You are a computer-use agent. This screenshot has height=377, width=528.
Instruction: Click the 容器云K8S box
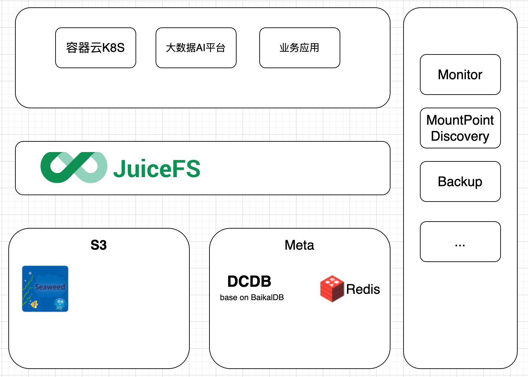[95, 48]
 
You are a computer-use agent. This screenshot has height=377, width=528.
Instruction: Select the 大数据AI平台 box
[196, 48]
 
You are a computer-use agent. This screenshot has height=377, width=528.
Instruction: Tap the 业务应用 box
[299, 48]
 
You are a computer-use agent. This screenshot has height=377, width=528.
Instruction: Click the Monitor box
[460, 75]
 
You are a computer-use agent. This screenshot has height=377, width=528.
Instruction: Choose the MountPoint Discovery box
[460, 128]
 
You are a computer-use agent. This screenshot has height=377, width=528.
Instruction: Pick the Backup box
[460, 181]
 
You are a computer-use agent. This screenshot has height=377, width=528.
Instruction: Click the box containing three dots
[460, 241]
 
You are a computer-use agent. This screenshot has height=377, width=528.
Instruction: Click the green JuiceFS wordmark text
[157, 168]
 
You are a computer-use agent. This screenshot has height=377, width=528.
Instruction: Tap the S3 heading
[99, 245]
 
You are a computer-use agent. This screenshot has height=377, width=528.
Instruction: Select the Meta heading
[299, 245]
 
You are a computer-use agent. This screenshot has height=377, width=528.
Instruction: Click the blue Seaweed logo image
[45, 289]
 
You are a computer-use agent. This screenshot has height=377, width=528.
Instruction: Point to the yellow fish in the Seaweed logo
[34, 304]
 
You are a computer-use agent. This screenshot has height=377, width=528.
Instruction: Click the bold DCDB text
[249, 281]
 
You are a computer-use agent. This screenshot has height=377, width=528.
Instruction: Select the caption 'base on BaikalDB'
[252, 297]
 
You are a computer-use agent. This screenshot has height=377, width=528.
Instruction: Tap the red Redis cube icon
[332, 288]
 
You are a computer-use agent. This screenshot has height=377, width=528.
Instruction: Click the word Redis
[363, 289]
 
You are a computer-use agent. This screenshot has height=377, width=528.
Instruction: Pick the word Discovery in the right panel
[460, 136]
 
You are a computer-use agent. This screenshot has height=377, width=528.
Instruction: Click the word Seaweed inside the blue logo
[50, 287]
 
